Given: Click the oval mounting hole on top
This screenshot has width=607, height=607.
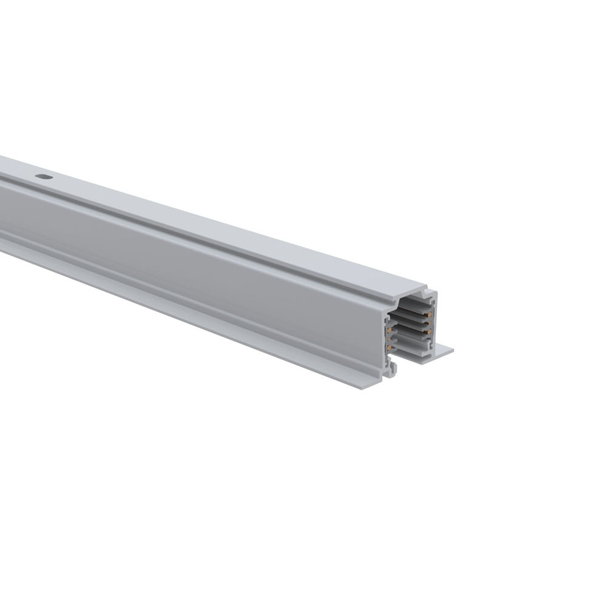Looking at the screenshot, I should click(x=44, y=177).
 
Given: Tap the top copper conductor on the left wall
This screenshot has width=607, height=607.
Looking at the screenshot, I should click(x=389, y=330).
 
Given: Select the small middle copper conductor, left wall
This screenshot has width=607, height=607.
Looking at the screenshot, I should click(x=389, y=339).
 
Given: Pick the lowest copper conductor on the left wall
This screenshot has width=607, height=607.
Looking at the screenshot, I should click(x=389, y=347).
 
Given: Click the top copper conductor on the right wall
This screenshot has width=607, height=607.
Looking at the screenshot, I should click(x=430, y=314).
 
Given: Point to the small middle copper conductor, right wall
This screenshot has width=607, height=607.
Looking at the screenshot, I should click(x=430, y=323).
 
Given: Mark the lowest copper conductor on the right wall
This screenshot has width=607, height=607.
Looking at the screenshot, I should click(x=429, y=331).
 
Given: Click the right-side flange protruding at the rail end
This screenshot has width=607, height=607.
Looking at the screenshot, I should click(x=446, y=351).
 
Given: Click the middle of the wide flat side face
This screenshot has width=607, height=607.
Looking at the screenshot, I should click(x=182, y=261).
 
